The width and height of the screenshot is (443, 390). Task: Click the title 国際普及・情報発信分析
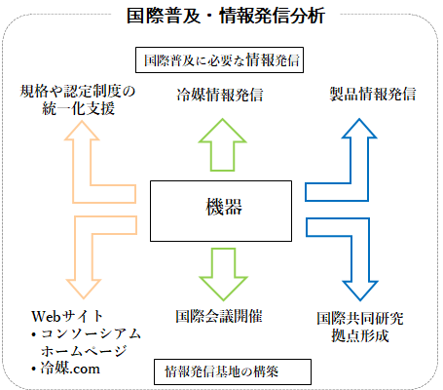point(226,16)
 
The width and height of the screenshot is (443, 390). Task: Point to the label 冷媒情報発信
point(220,95)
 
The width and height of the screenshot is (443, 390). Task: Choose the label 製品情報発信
point(373,94)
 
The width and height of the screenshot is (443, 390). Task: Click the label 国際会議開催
point(219,316)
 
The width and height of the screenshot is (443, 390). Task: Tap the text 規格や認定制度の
point(77,91)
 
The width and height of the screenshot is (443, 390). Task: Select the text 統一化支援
point(78,108)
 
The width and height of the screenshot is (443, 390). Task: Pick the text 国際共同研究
point(360,319)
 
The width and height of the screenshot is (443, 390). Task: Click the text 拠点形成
point(360,335)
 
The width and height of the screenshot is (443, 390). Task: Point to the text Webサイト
point(67,316)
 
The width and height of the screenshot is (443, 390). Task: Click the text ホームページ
point(84,351)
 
